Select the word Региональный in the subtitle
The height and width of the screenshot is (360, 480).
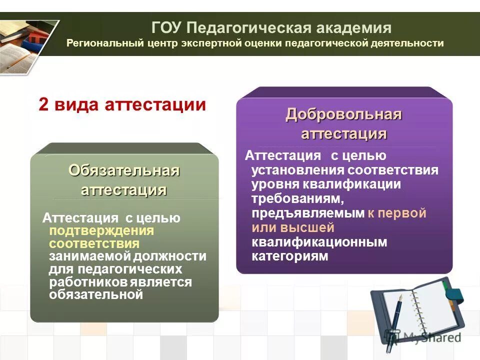[105, 43]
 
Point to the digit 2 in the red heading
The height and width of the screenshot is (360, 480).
[43, 105]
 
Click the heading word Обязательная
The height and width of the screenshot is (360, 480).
[124, 170]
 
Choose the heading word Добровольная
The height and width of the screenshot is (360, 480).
[344, 114]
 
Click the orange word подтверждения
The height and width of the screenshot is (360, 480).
[101, 231]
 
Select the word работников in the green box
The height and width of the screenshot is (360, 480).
[88, 282]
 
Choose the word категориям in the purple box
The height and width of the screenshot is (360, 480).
[290, 256]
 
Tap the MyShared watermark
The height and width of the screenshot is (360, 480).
[425, 337]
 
